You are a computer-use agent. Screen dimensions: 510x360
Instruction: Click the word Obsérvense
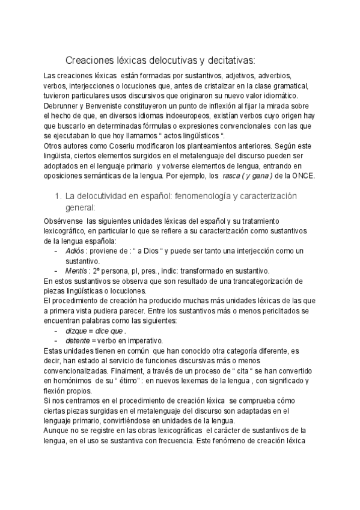coord(64,221)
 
